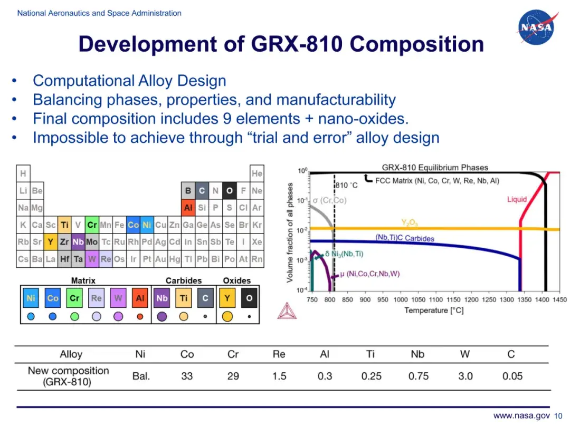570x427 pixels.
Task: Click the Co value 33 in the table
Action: click(187, 376)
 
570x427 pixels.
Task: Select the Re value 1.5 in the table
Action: click(279, 376)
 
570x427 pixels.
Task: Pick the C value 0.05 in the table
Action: click(512, 376)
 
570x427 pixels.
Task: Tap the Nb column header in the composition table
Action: click(417, 354)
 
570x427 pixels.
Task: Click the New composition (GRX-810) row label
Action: click(68, 376)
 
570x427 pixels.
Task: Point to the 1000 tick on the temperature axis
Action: click(401, 300)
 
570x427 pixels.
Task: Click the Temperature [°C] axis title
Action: click(434, 310)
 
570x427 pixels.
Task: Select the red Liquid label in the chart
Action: click(517, 199)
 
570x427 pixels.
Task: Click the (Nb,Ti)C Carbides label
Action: click(405, 238)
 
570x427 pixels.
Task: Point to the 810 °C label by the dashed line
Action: click(346, 185)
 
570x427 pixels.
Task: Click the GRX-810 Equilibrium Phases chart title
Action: click(435, 168)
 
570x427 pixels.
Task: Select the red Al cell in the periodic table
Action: click(188, 208)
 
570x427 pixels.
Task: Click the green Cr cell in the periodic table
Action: click(92, 225)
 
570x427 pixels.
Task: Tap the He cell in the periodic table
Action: click(256, 173)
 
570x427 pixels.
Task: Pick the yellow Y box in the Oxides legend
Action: click(227, 298)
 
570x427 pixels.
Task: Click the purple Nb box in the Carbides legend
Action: click(162, 298)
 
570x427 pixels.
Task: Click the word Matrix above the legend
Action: click(83, 280)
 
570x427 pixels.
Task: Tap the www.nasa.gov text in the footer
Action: click(521, 416)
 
